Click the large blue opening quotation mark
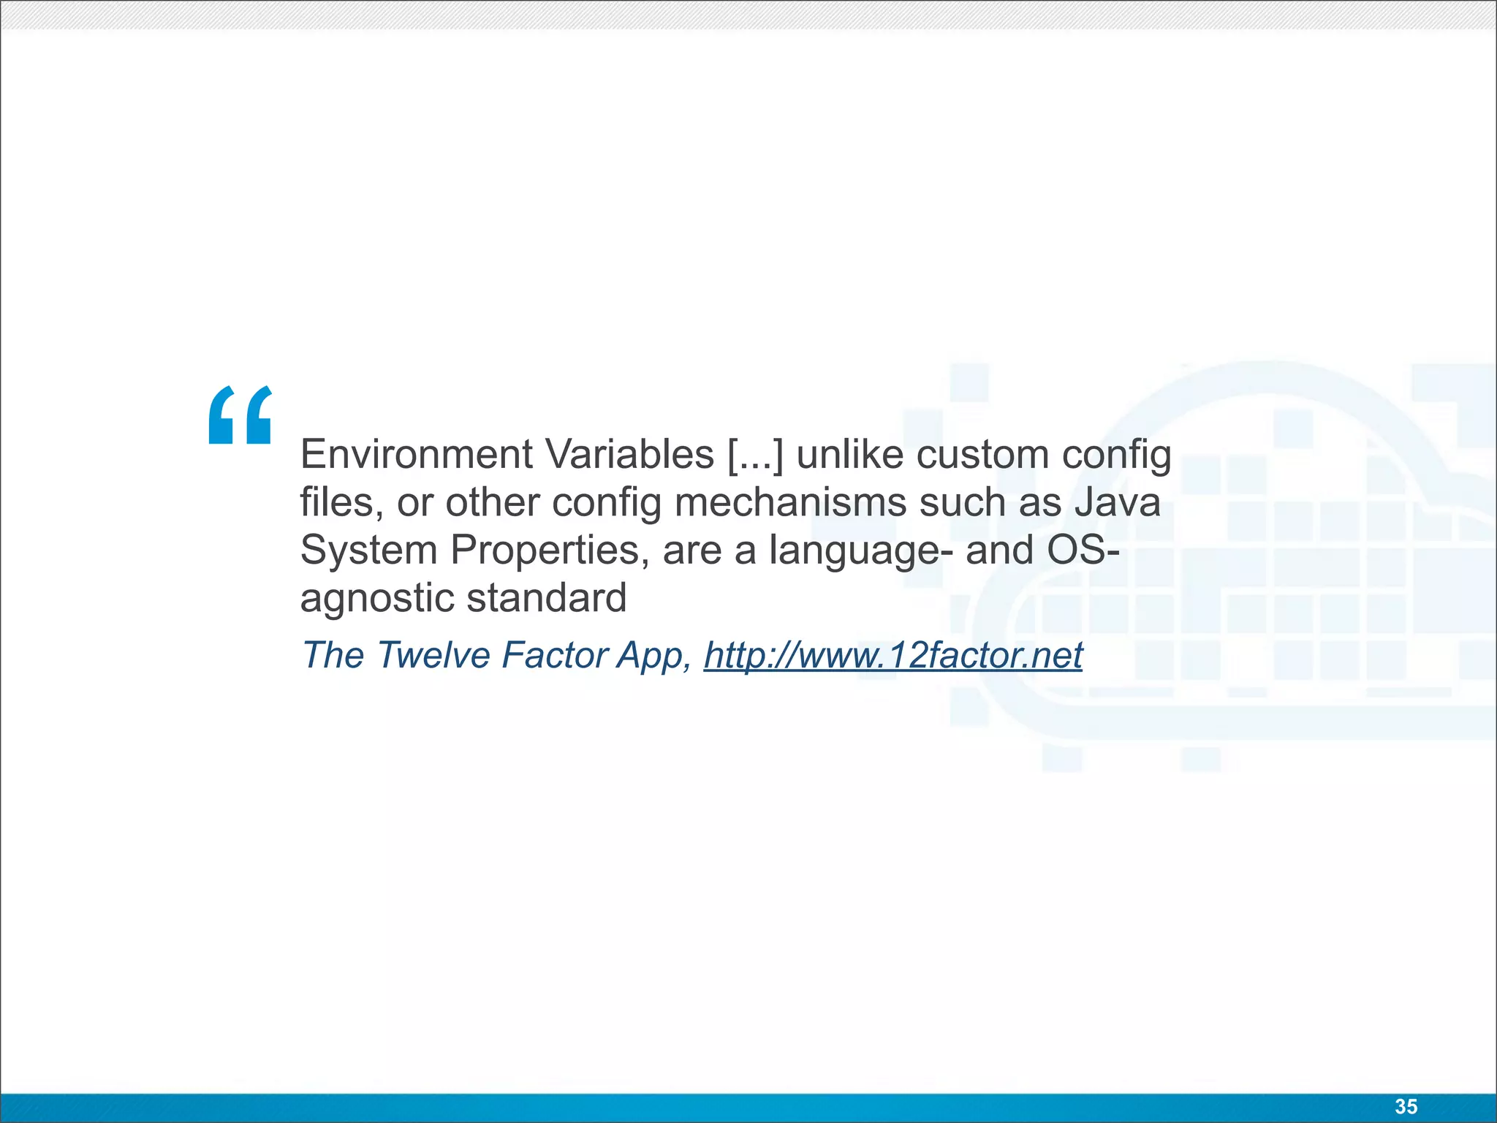click(x=240, y=415)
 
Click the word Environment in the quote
click(x=417, y=455)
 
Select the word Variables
click(x=630, y=455)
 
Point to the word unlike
click(x=850, y=455)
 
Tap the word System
click(x=368, y=551)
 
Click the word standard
click(x=547, y=598)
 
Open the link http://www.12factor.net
click(x=892, y=655)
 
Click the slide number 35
click(x=1406, y=1107)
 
